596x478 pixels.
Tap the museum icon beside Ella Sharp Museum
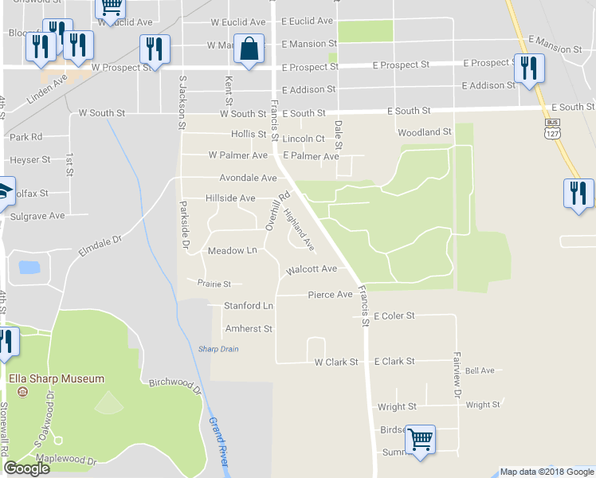tap(22, 392)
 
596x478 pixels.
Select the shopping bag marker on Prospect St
tap(249, 50)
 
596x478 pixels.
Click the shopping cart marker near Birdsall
tap(420, 439)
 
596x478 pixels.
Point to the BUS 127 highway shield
tap(551, 130)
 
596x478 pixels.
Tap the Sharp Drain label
tap(218, 349)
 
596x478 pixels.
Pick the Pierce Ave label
tap(330, 295)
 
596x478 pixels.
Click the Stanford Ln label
tap(248, 305)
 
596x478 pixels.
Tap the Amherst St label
tap(249, 328)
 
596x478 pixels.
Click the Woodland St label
tap(425, 132)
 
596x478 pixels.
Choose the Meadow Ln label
tap(232, 250)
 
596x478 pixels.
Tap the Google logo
tap(26, 468)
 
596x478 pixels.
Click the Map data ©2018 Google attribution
tap(547, 472)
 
